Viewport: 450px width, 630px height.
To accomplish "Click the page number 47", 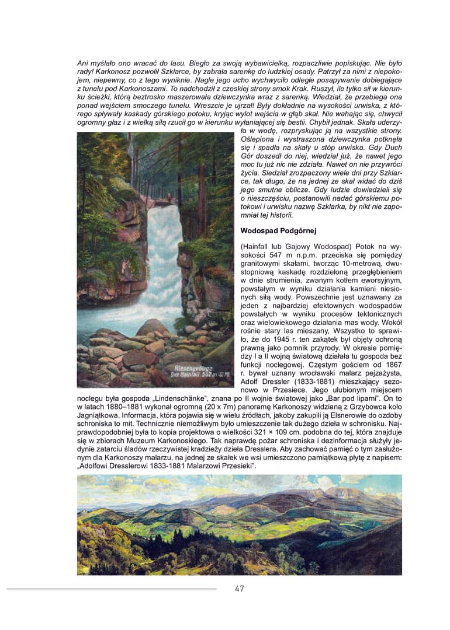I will click(x=239, y=589).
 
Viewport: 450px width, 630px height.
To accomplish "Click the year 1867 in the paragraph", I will click(x=392, y=364).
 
